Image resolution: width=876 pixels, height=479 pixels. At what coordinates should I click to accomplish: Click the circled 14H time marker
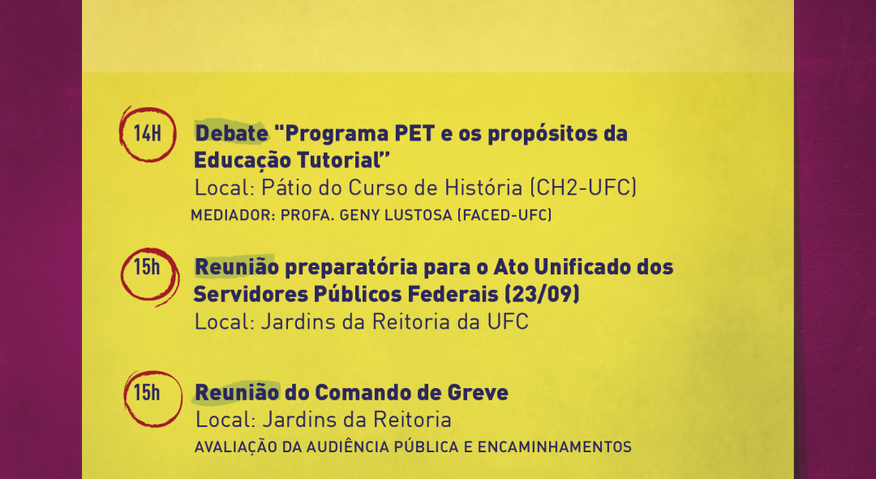click(148, 134)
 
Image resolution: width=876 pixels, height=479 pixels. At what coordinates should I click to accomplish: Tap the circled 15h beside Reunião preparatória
click(148, 268)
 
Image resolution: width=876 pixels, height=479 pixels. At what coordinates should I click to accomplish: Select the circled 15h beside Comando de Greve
click(148, 393)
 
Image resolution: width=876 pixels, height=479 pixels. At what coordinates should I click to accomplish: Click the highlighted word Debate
click(231, 134)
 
